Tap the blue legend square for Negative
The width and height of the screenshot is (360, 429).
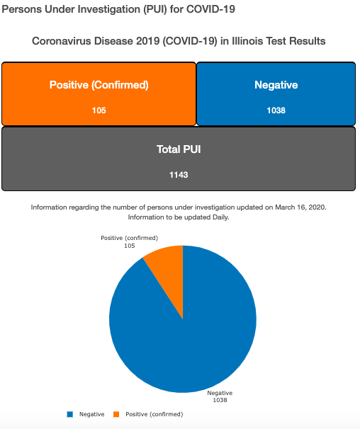click(70, 414)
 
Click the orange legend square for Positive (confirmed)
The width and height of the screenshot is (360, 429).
click(116, 414)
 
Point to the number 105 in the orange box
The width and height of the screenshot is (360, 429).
click(99, 110)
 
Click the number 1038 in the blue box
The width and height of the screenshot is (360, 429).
click(276, 110)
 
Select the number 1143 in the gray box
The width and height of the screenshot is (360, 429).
click(179, 175)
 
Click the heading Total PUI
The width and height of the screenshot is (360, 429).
click(179, 149)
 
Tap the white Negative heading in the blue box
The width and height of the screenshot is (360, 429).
click(276, 85)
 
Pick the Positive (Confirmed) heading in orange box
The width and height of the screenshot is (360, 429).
click(99, 85)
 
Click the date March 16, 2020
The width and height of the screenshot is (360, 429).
click(300, 207)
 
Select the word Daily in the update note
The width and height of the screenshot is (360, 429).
click(220, 217)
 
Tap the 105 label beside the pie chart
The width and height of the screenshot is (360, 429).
click(129, 246)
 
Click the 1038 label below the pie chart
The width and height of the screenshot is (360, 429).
click(220, 400)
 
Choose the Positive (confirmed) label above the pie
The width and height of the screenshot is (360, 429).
click(129, 238)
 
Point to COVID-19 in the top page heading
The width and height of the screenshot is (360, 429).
click(210, 9)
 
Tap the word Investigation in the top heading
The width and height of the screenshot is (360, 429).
click(105, 10)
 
